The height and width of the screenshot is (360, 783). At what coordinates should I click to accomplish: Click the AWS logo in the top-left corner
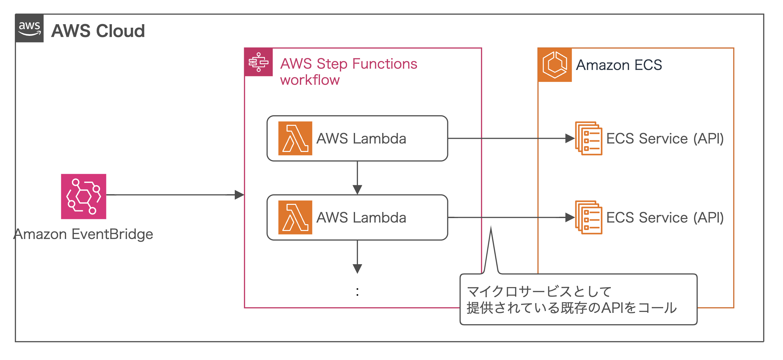[29, 28]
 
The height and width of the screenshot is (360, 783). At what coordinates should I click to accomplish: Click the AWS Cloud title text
[98, 31]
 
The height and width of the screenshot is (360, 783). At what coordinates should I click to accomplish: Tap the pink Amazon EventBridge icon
[84, 196]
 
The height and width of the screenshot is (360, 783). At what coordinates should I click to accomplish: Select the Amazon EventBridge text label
[84, 234]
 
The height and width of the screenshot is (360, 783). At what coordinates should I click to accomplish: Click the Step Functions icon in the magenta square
[259, 62]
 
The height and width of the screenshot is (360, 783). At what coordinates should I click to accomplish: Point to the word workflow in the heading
[310, 80]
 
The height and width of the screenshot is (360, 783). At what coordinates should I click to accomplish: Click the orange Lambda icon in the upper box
[295, 138]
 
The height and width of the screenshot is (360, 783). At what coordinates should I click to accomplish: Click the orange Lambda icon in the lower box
[295, 217]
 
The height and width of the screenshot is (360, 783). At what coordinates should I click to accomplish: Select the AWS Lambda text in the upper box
[361, 139]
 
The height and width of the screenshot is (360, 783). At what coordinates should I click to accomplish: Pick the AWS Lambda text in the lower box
[361, 218]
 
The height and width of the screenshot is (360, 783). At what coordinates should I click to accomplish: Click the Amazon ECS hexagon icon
[555, 65]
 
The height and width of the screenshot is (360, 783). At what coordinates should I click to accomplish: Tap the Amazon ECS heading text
[619, 65]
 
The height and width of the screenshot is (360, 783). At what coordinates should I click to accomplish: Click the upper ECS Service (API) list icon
[589, 138]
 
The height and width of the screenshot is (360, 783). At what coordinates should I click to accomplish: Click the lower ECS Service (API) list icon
[589, 217]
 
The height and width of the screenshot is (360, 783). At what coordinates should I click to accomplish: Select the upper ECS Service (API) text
[665, 139]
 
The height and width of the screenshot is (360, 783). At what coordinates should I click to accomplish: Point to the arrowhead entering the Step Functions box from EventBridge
[240, 195]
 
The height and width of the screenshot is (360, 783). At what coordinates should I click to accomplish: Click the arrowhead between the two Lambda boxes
[357, 190]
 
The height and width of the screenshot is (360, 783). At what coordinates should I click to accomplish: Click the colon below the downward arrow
[357, 292]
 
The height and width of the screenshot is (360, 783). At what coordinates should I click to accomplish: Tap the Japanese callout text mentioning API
[571, 308]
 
